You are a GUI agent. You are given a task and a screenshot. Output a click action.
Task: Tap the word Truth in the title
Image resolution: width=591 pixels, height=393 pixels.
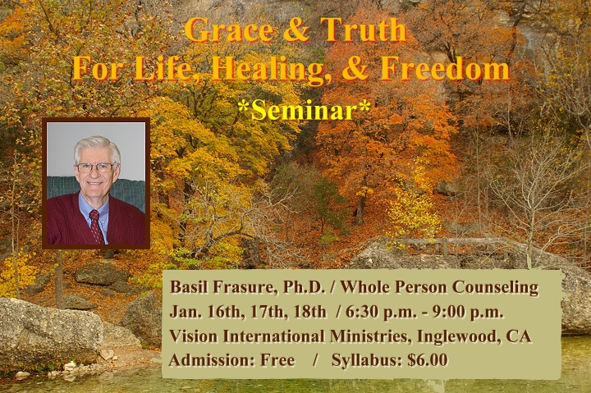pyautogui.click(x=364, y=30)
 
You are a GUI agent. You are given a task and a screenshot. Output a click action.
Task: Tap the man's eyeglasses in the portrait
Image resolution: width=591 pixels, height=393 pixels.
pyautogui.click(x=95, y=167)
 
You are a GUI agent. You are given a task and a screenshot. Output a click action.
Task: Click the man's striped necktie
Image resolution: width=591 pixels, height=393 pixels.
pyautogui.click(x=97, y=226)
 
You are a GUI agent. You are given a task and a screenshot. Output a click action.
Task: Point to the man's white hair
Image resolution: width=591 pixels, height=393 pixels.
pyautogui.click(x=97, y=148)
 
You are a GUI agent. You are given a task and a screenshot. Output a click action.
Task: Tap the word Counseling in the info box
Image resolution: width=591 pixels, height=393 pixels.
pyautogui.click(x=495, y=288)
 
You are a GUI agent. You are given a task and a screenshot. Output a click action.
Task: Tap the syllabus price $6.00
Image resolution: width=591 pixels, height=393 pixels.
pyautogui.click(x=428, y=360)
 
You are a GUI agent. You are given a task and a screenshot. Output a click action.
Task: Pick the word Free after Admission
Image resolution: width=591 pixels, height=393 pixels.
pyautogui.click(x=277, y=360)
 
